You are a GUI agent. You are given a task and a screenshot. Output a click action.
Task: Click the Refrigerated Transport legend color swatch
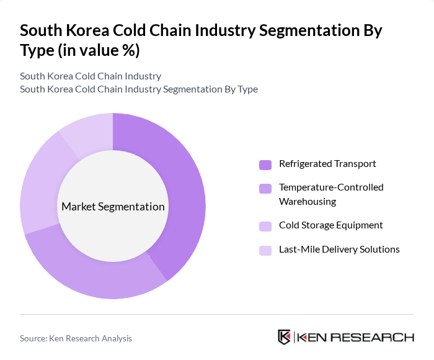265,164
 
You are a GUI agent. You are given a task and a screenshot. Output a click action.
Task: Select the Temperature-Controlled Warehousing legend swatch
265,188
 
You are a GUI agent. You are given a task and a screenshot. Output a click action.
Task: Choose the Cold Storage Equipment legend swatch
265,226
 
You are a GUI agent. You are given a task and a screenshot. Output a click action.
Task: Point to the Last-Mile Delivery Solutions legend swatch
265,250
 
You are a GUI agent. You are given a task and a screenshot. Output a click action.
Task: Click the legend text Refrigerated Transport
327,164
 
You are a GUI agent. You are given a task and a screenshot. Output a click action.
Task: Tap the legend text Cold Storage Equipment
330,225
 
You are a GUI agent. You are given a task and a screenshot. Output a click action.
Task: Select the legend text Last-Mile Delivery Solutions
339,250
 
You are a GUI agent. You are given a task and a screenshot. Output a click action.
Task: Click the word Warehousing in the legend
308,202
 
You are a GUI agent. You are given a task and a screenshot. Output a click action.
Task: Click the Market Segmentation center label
113,207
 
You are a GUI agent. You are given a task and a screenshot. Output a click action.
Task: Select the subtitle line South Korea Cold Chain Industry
91,76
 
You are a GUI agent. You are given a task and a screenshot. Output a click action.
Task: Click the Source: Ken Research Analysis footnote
76,338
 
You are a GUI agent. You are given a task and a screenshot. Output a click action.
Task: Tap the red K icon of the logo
284,337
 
